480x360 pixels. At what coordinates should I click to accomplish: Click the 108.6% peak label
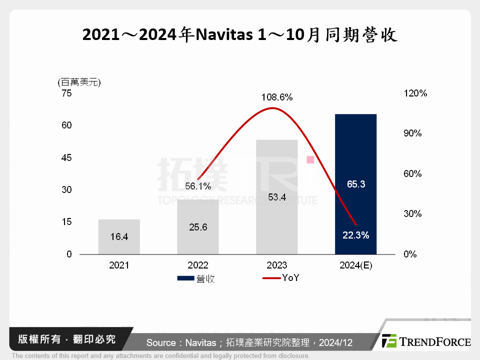[x=276, y=97]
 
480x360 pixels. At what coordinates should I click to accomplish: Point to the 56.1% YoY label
[x=198, y=186]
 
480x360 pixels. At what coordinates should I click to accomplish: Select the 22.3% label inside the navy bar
[x=355, y=235]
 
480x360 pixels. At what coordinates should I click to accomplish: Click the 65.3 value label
[x=355, y=184]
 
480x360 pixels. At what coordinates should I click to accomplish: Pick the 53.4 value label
[x=276, y=197]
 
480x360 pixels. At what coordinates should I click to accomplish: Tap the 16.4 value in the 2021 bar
[x=119, y=237]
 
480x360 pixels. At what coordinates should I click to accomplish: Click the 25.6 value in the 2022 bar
[x=198, y=227]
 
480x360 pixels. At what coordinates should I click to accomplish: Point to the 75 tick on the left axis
[x=66, y=93]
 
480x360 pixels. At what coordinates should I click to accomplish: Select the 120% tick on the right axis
[x=416, y=93]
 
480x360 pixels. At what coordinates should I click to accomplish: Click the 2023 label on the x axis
[x=276, y=265]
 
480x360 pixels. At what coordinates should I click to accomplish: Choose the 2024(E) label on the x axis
[x=355, y=265]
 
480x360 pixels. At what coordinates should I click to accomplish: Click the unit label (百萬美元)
[x=79, y=82]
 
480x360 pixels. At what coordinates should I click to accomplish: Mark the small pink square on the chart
[x=310, y=159]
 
